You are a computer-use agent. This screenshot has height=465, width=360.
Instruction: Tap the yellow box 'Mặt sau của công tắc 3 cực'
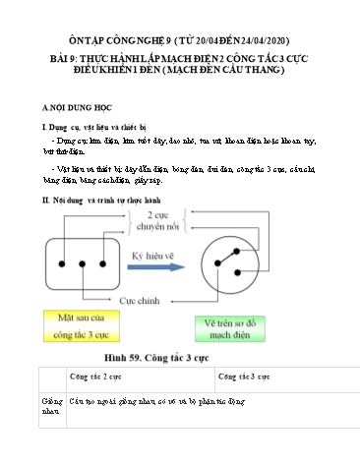74,324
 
